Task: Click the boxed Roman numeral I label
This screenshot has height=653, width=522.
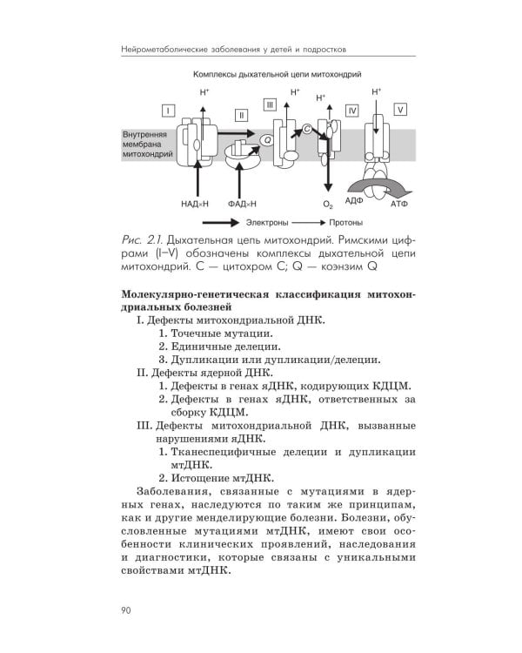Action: (167, 110)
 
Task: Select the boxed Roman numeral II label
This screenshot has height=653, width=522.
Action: (241, 115)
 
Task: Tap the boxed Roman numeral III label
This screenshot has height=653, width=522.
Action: (271, 105)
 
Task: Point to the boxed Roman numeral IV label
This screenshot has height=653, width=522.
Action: (351, 111)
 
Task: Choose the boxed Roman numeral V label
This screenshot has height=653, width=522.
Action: (399, 110)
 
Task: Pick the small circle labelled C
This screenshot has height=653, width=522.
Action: (307, 129)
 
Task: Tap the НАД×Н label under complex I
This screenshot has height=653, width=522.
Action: (196, 203)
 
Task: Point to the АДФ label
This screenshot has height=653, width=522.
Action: (353, 201)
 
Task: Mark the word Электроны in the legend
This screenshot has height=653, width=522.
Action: (265, 222)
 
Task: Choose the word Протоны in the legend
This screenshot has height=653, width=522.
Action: (344, 222)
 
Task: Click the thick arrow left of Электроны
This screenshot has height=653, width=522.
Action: (217, 222)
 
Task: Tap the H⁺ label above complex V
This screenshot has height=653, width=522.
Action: (377, 91)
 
